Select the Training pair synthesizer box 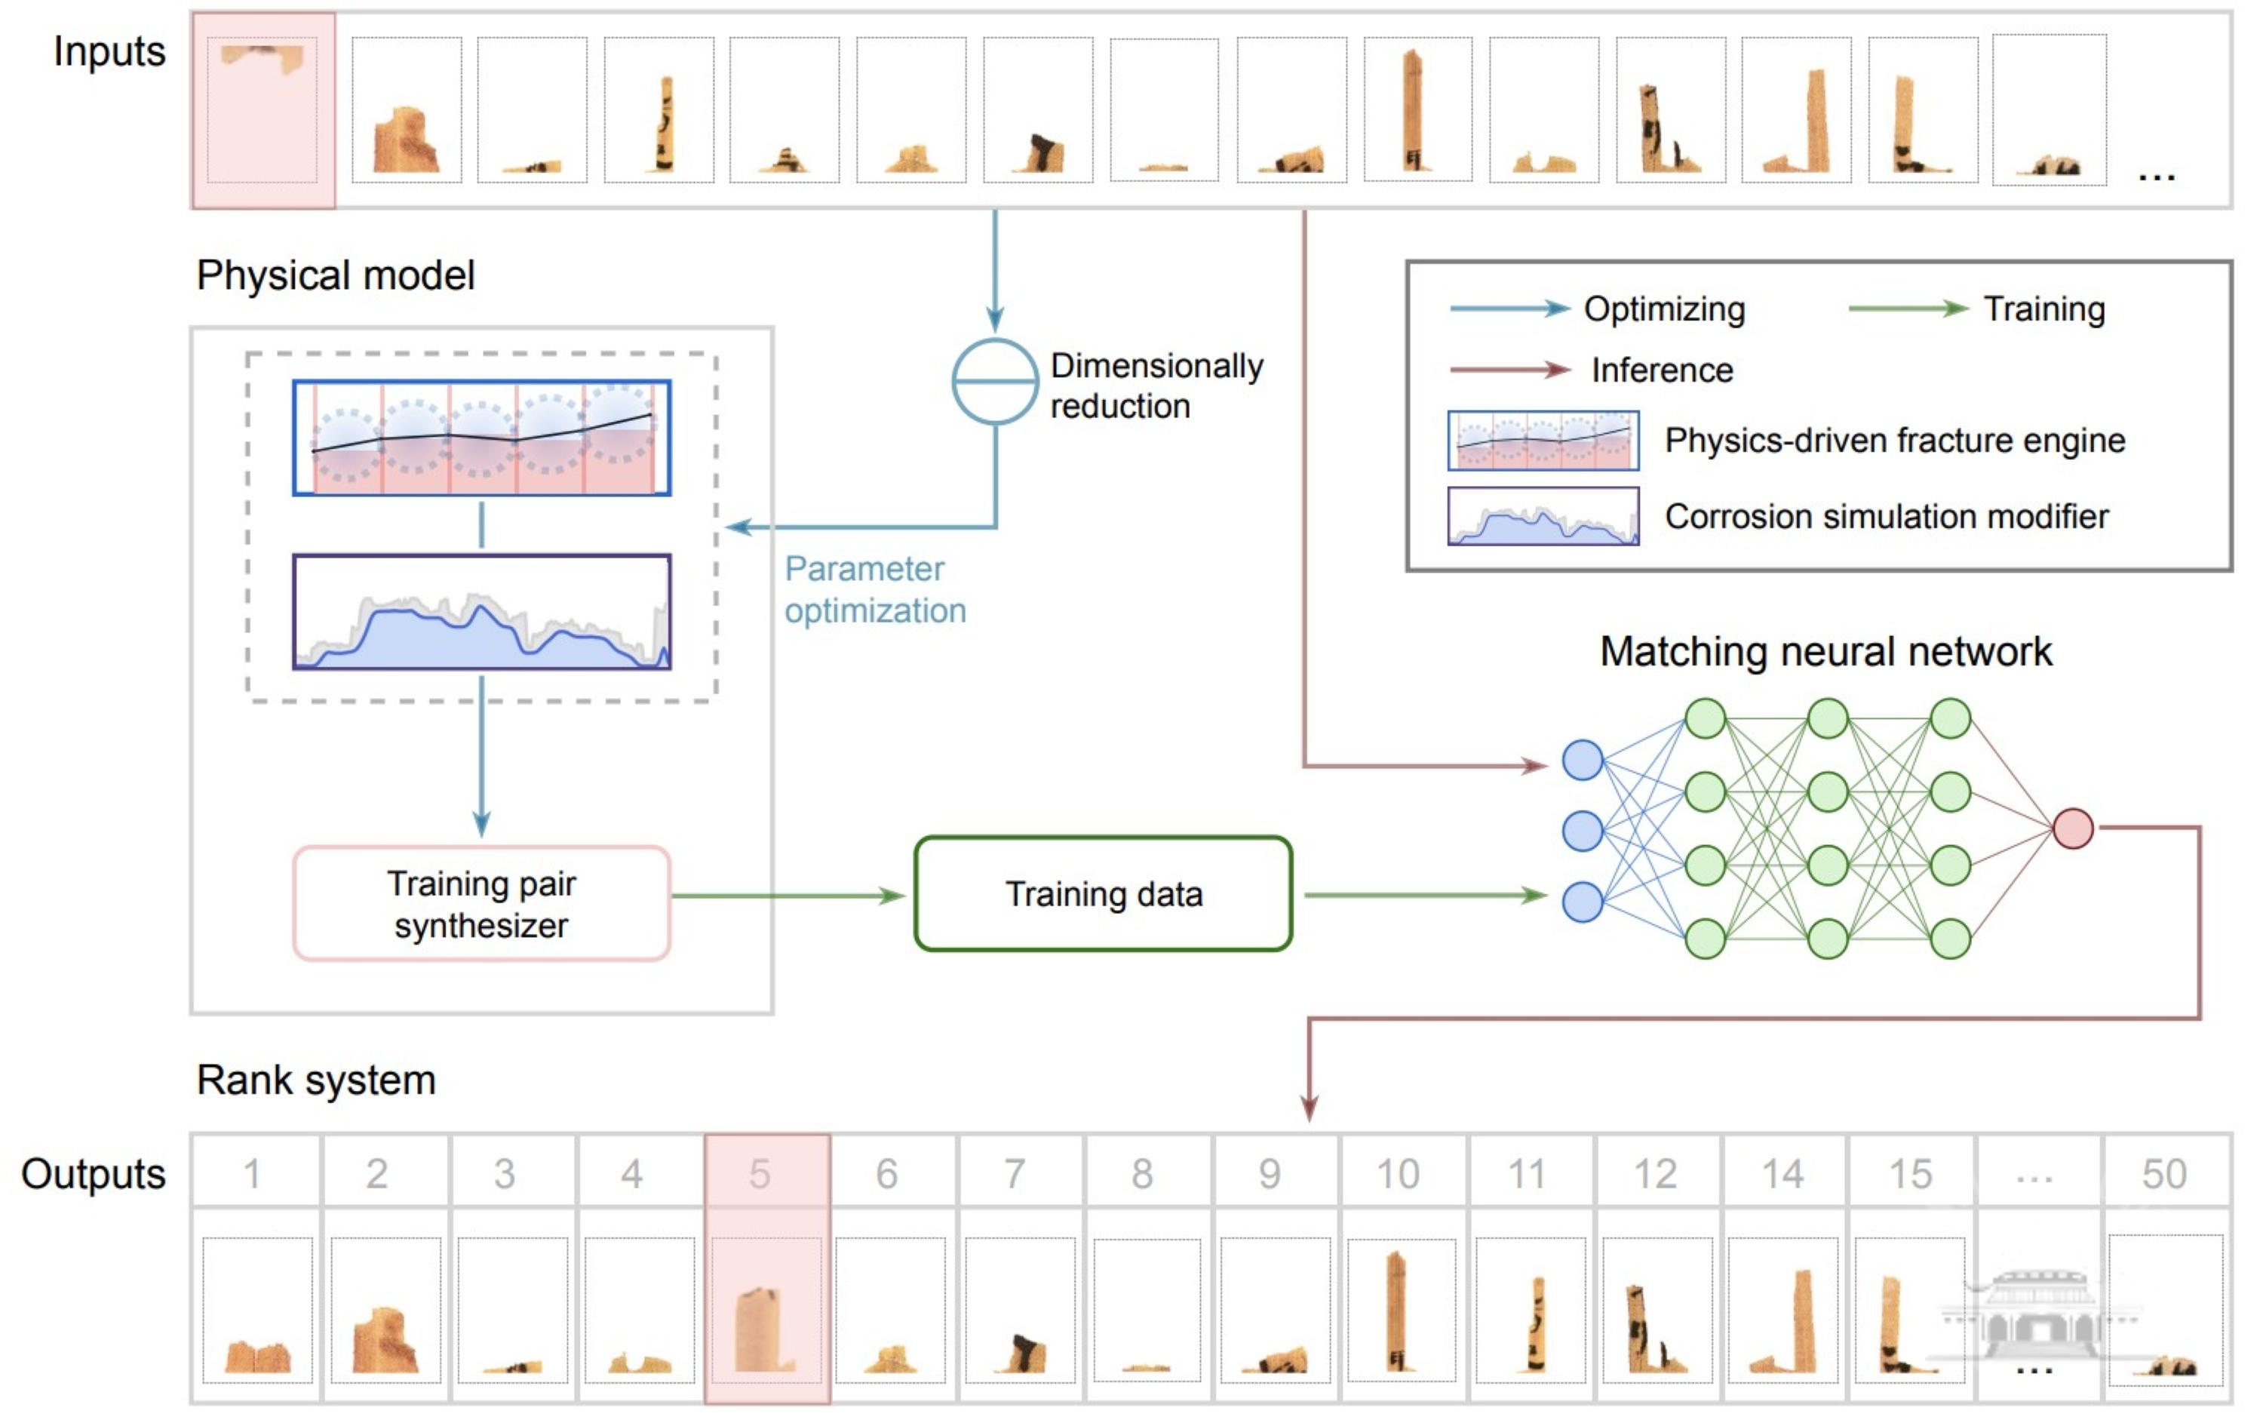[481, 903]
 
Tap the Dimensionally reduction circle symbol [994, 382]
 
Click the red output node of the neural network [2072, 828]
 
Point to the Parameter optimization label [875, 589]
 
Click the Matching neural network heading [1825, 651]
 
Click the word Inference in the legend [1662, 370]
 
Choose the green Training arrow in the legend [1908, 309]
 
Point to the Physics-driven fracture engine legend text [1895, 440]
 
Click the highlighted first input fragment [263, 110]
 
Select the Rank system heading [316, 1080]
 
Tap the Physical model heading [336, 275]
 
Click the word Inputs [109, 52]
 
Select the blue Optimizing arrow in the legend [1509, 309]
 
